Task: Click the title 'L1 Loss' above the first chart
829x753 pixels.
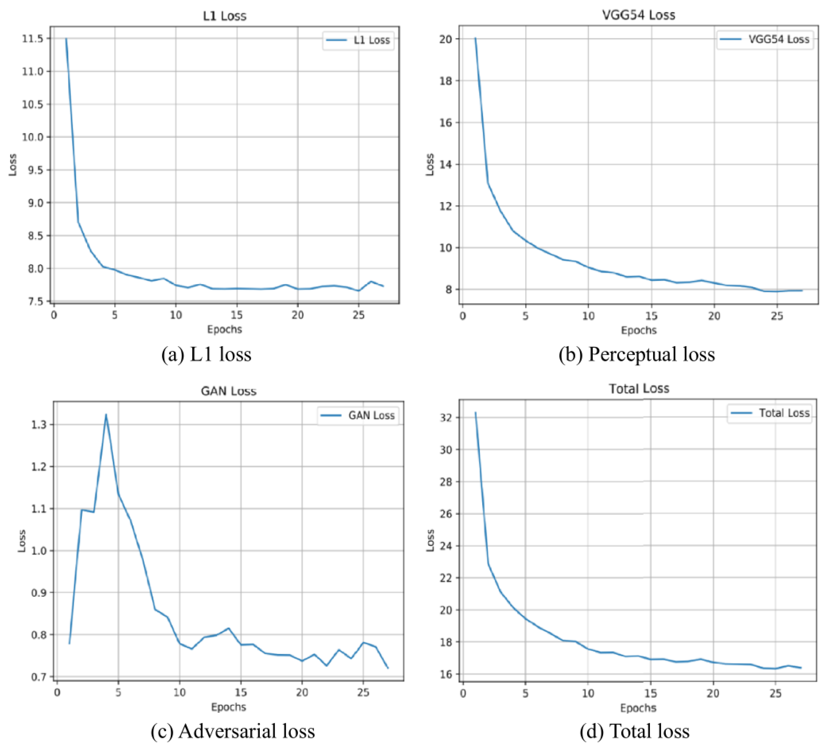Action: (224, 16)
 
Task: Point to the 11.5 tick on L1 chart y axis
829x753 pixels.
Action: (33, 39)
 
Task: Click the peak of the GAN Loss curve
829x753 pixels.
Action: (106, 415)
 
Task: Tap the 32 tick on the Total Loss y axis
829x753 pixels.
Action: (446, 418)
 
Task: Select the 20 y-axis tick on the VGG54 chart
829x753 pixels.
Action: (446, 39)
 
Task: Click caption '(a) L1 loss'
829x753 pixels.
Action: (206, 354)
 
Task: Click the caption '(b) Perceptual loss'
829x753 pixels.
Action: (636, 354)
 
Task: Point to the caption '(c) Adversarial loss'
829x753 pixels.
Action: (233, 731)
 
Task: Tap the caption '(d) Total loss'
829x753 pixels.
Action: (635, 731)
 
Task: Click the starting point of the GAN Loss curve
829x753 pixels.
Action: (70, 643)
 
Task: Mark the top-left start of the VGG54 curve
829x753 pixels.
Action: (475, 38)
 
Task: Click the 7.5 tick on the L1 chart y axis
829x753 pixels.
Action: (36, 301)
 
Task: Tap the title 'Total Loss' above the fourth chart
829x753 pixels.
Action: (638, 389)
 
